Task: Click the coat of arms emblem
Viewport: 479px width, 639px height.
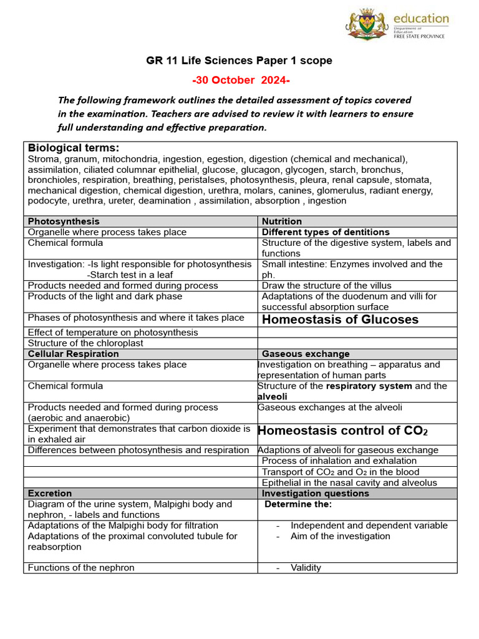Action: click(x=367, y=26)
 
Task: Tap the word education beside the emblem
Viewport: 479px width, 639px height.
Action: click(x=420, y=19)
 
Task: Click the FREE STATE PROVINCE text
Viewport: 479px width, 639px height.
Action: click(x=419, y=37)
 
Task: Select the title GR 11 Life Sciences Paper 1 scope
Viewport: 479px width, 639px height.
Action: click(x=239, y=61)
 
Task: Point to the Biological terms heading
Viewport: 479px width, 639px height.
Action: click(x=74, y=148)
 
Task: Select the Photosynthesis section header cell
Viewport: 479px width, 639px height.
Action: click(x=64, y=222)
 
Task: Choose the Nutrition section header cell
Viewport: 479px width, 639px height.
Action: click(x=282, y=222)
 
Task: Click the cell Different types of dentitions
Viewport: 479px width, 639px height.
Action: click(x=326, y=232)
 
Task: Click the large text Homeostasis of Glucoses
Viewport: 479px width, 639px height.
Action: click(x=340, y=320)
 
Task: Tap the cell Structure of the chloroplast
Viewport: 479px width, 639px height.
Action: click(x=85, y=343)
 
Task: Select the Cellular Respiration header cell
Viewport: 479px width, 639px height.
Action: click(x=72, y=354)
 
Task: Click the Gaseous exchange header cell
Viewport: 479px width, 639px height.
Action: click(x=306, y=354)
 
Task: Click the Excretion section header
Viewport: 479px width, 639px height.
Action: click(x=50, y=493)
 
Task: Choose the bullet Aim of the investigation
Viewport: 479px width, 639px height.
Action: click(x=340, y=536)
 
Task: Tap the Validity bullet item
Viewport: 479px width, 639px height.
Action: click(x=306, y=567)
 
